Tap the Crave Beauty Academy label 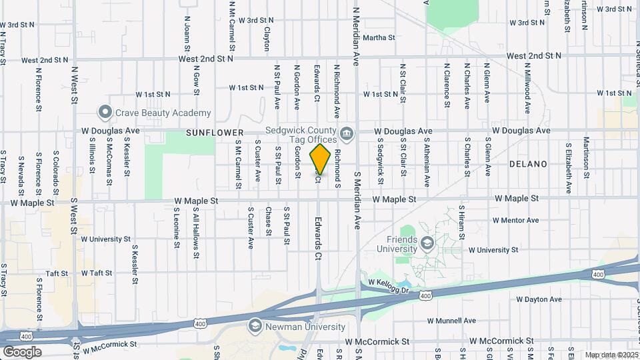(163, 113)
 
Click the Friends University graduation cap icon (427, 243)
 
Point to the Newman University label (305, 327)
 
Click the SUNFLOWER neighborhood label (214, 133)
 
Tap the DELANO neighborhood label (528, 164)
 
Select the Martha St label (379, 37)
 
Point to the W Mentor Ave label (515, 220)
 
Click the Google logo (22, 351)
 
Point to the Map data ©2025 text (611, 355)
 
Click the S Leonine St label (177, 227)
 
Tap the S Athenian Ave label (426, 161)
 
